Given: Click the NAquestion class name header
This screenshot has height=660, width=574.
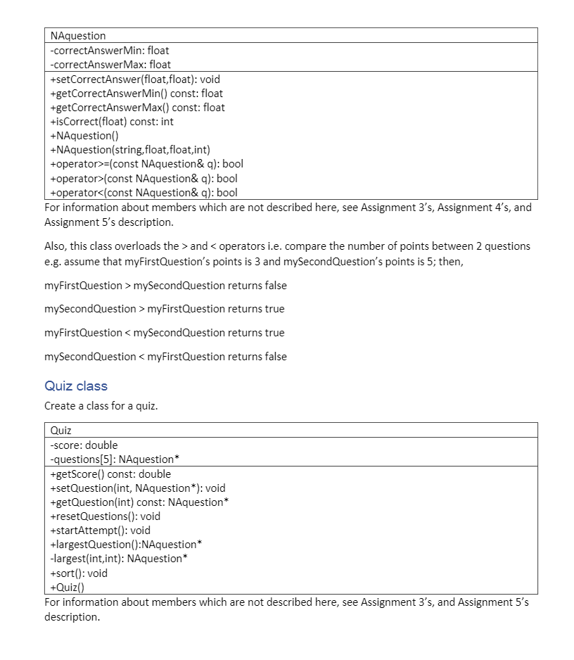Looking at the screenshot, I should click(x=78, y=36).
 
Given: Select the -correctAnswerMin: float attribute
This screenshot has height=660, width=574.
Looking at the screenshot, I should click(x=110, y=51).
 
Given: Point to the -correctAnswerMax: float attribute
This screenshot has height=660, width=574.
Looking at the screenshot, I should click(x=110, y=65).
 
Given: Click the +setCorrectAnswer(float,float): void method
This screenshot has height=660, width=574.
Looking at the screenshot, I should click(x=135, y=80).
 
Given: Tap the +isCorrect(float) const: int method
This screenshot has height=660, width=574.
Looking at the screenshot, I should click(x=112, y=122).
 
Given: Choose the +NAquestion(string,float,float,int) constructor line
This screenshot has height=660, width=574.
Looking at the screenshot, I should click(x=130, y=150).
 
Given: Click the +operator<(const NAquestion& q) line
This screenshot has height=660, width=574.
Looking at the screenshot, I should click(x=143, y=193).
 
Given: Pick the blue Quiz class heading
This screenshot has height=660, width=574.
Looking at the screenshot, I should click(x=76, y=386).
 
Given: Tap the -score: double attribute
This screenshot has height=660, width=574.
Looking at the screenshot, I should click(x=84, y=445).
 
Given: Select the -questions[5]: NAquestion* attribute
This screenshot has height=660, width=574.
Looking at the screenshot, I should click(x=115, y=459).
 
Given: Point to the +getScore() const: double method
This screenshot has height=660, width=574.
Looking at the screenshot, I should click(x=110, y=474).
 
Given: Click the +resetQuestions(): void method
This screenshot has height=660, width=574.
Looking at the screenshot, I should click(x=105, y=516).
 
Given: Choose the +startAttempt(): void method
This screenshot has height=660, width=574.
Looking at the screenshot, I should click(x=100, y=531).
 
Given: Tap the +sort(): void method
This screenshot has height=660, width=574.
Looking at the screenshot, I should click(x=79, y=573).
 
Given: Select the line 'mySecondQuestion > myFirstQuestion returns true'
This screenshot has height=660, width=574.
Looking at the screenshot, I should click(x=165, y=309).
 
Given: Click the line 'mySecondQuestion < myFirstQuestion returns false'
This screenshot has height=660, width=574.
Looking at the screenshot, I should click(x=165, y=357).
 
